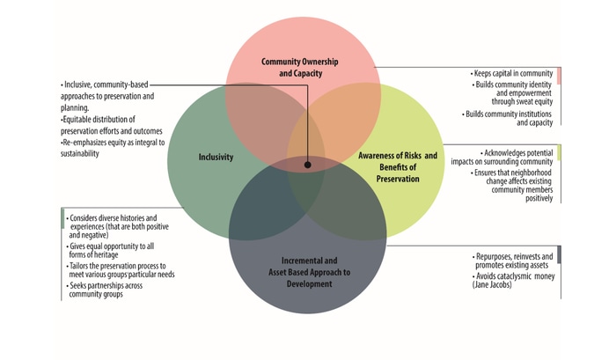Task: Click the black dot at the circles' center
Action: click(308, 164)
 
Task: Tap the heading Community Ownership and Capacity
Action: click(299, 68)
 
